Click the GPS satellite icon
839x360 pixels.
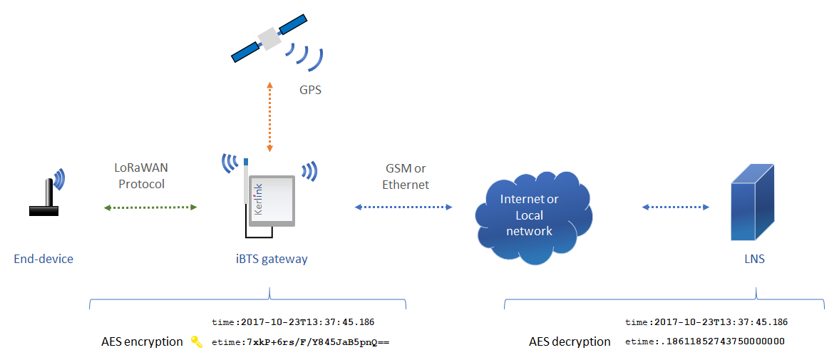[x=269, y=39]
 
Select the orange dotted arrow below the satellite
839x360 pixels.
[x=269, y=118]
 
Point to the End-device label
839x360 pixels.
[x=43, y=259]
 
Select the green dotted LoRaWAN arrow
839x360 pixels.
[x=150, y=207]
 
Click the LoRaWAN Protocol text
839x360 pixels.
[x=140, y=176]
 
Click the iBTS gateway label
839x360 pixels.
[x=269, y=259]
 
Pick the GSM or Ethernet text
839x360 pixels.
[x=406, y=176]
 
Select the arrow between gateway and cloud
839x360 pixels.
[x=403, y=207]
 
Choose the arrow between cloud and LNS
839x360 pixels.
[x=676, y=207]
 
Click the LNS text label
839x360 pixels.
[x=754, y=259]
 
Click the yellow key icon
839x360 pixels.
[x=197, y=342]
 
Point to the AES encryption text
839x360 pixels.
[x=142, y=341]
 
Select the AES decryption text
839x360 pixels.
[x=570, y=341]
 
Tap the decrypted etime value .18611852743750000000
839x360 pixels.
[x=724, y=341]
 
